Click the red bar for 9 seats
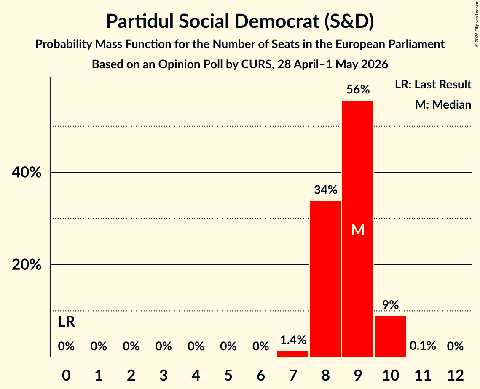pyautogui.click(x=357, y=229)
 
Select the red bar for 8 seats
pyautogui.click(x=325, y=279)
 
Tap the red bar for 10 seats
pyautogui.click(x=390, y=336)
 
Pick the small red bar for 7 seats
pyautogui.click(x=292, y=354)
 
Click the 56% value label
pyautogui.click(x=358, y=90)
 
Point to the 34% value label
pyautogui.click(x=325, y=190)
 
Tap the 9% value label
pyautogui.click(x=390, y=305)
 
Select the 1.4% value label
pyautogui.click(x=293, y=340)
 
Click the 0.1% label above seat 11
pyautogui.click(x=423, y=346)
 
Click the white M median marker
pyautogui.click(x=358, y=230)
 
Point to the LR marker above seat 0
pyautogui.click(x=67, y=322)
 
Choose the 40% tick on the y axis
pyautogui.click(x=26, y=173)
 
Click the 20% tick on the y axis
pyautogui.click(x=26, y=265)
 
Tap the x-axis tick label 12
pyautogui.click(x=455, y=375)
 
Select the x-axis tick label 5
pyautogui.click(x=228, y=375)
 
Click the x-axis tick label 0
pyautogui.click(x=66, y=375)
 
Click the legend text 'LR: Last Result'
pyautogui.click(x=433, y=84)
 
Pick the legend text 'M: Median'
pyautogui.click(x=443, y=104)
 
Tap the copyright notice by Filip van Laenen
pyautogui.click(x=477, y=24)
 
